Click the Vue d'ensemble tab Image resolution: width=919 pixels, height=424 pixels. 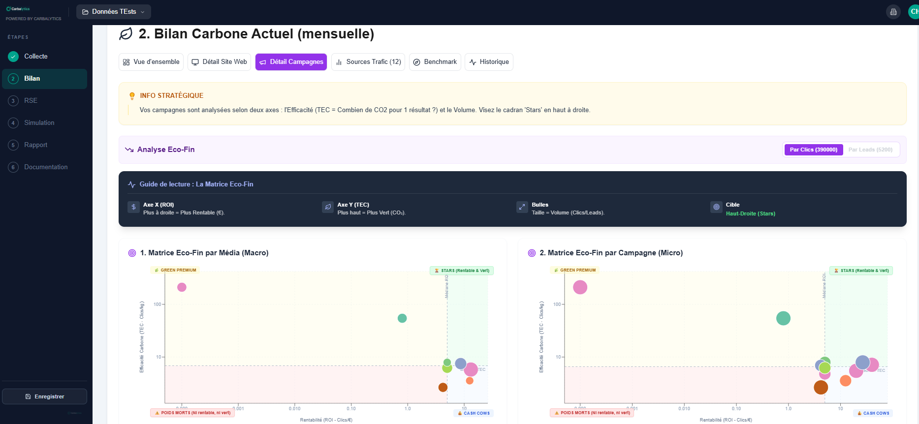coord(151,62)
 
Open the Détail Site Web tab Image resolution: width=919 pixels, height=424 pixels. coord(219,62)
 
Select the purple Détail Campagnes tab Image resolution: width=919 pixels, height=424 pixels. coord(291,62)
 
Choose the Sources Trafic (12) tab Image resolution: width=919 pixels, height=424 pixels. coord(368,62)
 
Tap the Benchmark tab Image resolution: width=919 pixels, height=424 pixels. coord(435,62)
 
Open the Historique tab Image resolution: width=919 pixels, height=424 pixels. coord(489,62)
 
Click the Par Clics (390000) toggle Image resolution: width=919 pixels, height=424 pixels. coord(813,150)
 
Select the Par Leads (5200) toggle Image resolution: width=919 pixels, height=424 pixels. coord(870,150)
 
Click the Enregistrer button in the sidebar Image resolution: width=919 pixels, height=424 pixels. coord(45,396)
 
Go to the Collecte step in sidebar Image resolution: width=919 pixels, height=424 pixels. coord(36,57)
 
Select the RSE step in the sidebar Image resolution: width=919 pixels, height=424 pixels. coord(31,101)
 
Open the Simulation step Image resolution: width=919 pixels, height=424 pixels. coord(39,123)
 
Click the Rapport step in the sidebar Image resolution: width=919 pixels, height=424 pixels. coord(35,145)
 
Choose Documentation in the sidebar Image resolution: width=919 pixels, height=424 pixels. coord(46,167)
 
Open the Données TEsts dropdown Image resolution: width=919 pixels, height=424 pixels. coord(114,12)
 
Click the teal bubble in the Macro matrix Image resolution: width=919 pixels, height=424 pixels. coord(402,318)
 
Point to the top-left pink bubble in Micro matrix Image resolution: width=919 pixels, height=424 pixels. coord(580,287)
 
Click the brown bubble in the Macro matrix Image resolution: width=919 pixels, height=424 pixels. coord(443,388)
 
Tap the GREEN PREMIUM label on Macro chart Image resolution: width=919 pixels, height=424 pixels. coord(175,270)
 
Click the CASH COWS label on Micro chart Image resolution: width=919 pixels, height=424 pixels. coord(873,413)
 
